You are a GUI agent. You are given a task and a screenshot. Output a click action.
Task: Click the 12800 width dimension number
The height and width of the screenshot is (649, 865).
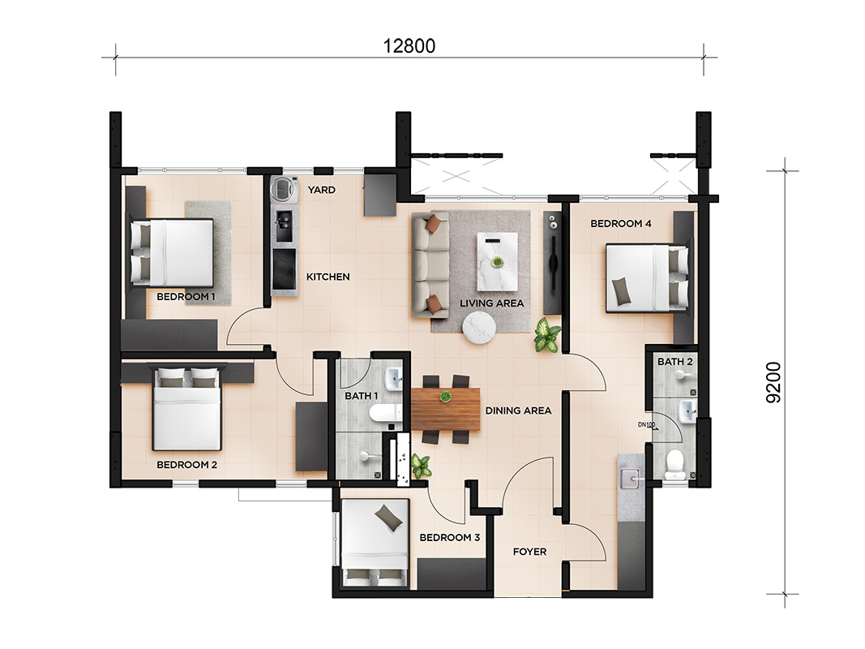pyautogui.click(x=409, y=45)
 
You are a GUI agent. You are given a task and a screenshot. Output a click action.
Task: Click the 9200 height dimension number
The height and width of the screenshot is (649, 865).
pyautogui.click(x=774, y=382)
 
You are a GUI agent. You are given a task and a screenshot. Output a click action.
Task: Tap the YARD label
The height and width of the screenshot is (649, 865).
pyautogui.click(x=322, y=190)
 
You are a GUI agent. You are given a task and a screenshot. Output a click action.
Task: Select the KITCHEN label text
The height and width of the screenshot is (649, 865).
pyautogui.click(x=328, y=277)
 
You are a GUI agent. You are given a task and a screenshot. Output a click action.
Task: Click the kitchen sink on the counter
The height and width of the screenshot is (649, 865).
pyautogui.click(x=284, y=226)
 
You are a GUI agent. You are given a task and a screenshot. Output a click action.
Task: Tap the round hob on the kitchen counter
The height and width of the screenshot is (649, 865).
pyautogui.click(x=285, y=269)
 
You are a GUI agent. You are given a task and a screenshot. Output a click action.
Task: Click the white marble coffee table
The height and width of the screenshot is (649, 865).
pyautogui.click(x=497, y=261)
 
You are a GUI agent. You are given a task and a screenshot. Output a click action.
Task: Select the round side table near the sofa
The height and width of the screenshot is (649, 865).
pyautogui.click(x=479, y=328)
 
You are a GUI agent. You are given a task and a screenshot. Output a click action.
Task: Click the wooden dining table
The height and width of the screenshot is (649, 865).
pyautogui.click(x=445, y=408)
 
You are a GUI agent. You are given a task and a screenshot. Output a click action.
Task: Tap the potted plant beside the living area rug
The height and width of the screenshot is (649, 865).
pyautogui.click(x=547, y=334)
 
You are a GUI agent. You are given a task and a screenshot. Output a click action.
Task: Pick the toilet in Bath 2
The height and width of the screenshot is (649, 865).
pyautogui.click(x=675, y=466)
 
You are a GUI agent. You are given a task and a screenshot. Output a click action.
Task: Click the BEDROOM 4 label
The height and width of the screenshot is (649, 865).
pyautogui.click(x=621, y=224)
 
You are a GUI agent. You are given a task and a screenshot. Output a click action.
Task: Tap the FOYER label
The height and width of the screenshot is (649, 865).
pyautogui.click(x=529, y=552)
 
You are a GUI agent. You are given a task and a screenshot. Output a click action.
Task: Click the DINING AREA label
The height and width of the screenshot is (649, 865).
pyautogui.click(x=518, y=410)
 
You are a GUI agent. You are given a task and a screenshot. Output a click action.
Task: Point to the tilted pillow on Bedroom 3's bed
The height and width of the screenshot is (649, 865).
pyautogui.click(x=389, y=518)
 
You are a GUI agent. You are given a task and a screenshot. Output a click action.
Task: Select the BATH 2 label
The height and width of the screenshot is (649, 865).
pyautogui.click(x=674, y=362)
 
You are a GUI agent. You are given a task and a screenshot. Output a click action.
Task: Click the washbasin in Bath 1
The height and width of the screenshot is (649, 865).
pyautogui.click(x=395, y=379)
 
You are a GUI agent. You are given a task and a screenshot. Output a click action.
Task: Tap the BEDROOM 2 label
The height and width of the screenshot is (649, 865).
pyautogui.click(x=187, y=465)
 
